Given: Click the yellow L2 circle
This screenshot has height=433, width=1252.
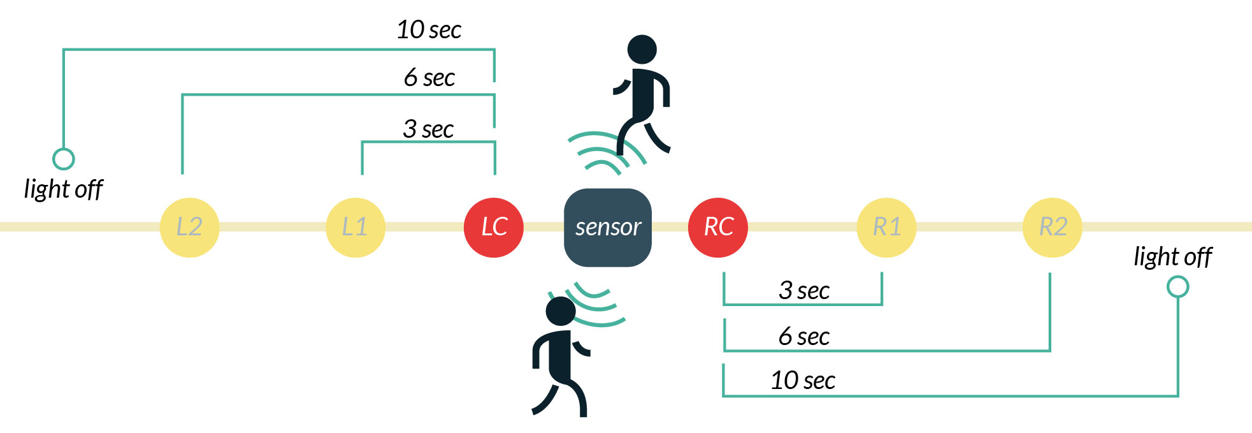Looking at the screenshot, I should (189, 227).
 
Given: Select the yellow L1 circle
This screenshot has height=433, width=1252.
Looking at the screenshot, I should (355, 227).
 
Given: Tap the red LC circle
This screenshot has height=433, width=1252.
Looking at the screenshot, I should (494, 227).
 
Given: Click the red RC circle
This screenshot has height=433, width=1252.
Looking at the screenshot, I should (718, 227).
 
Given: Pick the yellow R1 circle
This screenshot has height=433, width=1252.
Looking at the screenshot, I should (886, 227).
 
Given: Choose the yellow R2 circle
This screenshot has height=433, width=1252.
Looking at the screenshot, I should (1053, 227).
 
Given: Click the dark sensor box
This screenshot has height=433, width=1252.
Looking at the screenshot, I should (608, 227).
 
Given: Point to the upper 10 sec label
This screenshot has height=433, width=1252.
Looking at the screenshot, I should (429, 30).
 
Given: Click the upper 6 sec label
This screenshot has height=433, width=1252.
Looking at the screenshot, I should (429, 78).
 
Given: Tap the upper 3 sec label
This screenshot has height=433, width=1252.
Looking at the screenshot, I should (428, 129).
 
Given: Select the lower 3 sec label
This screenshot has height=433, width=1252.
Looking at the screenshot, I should (804, 291).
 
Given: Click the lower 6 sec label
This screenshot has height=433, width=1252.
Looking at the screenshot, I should (804, 337).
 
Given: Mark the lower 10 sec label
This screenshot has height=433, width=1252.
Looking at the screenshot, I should (803, 381).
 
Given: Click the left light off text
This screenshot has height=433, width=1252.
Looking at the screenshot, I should (63, 189).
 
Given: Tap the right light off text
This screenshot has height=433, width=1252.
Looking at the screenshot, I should (1172, 257).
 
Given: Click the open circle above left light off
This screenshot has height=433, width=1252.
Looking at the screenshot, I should (63, 159).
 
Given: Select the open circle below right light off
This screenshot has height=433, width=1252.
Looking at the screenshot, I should (1177, 287).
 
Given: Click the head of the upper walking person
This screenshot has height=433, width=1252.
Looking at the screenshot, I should (642, 49).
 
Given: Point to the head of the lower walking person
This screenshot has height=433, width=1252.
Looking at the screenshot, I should (561, 311).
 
